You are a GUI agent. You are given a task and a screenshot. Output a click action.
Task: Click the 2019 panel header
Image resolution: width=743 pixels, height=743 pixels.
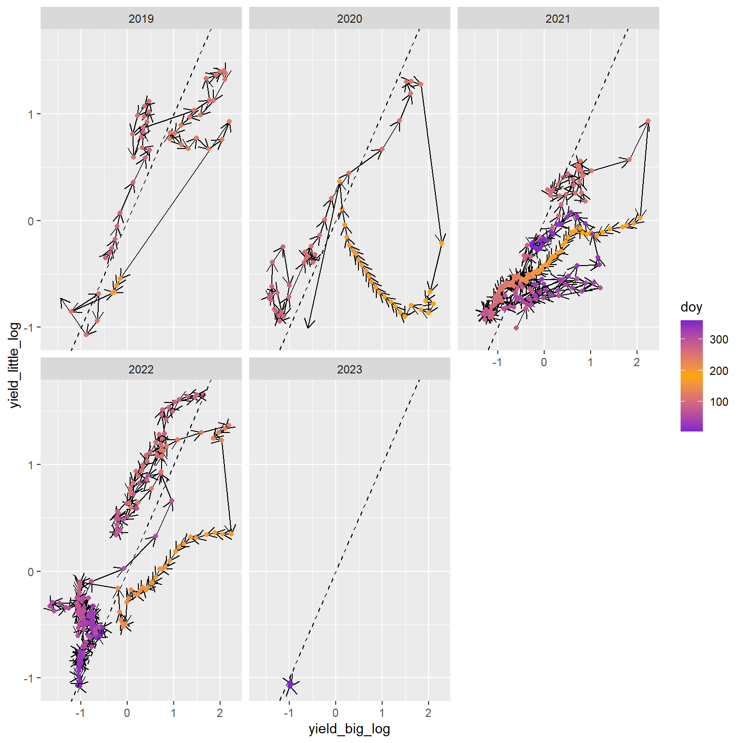tap(141, 19)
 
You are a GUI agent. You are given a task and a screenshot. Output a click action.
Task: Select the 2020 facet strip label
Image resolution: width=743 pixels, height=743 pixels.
tap(349, 19)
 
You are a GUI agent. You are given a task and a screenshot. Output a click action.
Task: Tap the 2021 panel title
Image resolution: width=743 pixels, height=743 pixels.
tap(558, 19)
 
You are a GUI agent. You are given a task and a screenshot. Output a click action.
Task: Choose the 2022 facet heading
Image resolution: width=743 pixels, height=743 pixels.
tap(141, 370)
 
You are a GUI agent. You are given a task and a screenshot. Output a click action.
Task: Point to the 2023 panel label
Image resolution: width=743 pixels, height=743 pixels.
tap(349, 370)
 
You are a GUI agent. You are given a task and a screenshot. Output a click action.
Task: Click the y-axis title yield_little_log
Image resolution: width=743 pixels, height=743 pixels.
tap(15, 365)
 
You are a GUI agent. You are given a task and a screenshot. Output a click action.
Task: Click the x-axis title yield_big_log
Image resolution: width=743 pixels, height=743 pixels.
tap(349, 729)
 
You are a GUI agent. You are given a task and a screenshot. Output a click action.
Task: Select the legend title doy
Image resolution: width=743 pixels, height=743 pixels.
tap(691, 307)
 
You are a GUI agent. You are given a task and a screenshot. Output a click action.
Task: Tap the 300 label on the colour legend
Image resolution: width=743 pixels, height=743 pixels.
tap(719, 340)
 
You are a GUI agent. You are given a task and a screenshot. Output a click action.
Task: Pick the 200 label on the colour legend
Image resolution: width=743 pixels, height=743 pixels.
tap(719, 371)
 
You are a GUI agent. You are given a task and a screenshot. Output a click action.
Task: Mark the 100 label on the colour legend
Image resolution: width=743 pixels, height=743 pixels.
tap(719, 402)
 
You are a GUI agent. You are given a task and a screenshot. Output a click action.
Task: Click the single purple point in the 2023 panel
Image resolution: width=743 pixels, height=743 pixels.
tap(290, 684)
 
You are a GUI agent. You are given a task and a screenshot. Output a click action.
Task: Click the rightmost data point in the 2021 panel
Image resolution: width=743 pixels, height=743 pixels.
tap(648, 121)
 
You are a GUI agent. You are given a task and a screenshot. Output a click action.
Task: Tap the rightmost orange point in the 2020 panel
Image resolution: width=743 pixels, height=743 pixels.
tap(442, 243)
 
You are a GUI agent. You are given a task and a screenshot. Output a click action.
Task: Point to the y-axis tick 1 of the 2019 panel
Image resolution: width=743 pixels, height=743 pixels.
tap(31, 114)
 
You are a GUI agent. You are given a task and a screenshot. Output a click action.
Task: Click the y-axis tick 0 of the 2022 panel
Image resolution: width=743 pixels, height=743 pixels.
tap(31, 572)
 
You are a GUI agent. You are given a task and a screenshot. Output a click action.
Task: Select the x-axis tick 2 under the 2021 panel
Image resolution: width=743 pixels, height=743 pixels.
tap(637, 362)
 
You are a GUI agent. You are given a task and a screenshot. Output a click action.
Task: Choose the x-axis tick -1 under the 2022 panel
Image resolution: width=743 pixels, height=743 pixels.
tap(80, 713)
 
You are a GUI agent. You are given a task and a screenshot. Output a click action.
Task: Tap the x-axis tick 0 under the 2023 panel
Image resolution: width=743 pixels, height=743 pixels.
tap(335, 713)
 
